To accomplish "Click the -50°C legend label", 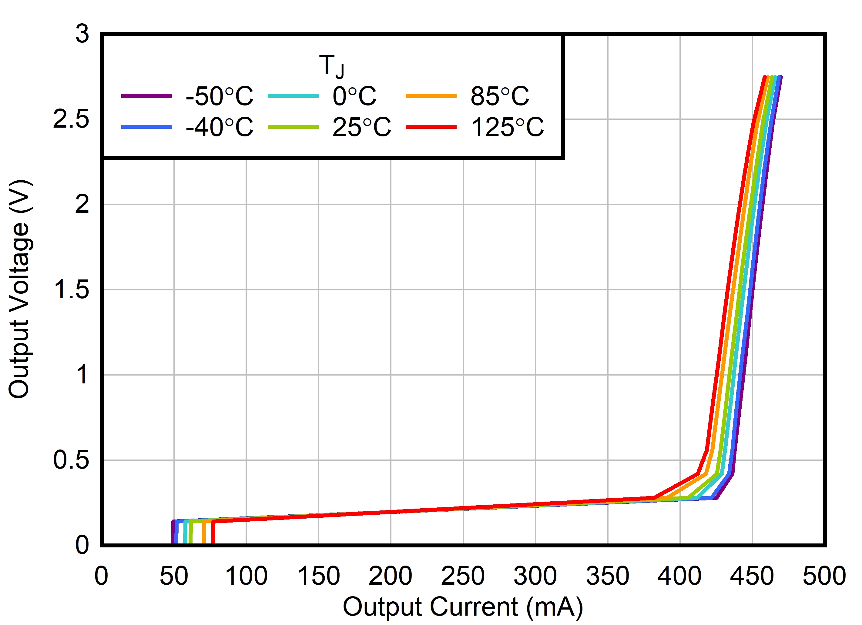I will click(219, 96).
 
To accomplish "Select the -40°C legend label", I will click(219, 127).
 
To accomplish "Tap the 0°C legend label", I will click(354, 96).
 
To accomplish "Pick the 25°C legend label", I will click(361, 127).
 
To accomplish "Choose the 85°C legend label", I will click(499, 96).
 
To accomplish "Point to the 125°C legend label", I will click(507, 127).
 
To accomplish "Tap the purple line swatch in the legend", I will click(146, 96).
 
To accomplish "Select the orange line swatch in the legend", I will click(431, 96).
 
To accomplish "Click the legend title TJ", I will click(331, 66).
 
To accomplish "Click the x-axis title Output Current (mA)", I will click(463, 607).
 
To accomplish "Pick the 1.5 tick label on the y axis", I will click(71, 290).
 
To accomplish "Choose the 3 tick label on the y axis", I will click(82, 34).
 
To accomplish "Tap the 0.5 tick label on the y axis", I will click(71, 460).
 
